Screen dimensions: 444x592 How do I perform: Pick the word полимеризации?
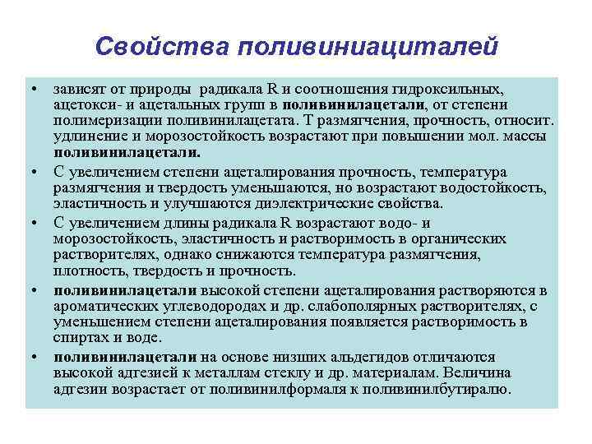98,121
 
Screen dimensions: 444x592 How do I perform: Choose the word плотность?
86,271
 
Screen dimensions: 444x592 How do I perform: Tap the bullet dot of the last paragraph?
35,357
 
